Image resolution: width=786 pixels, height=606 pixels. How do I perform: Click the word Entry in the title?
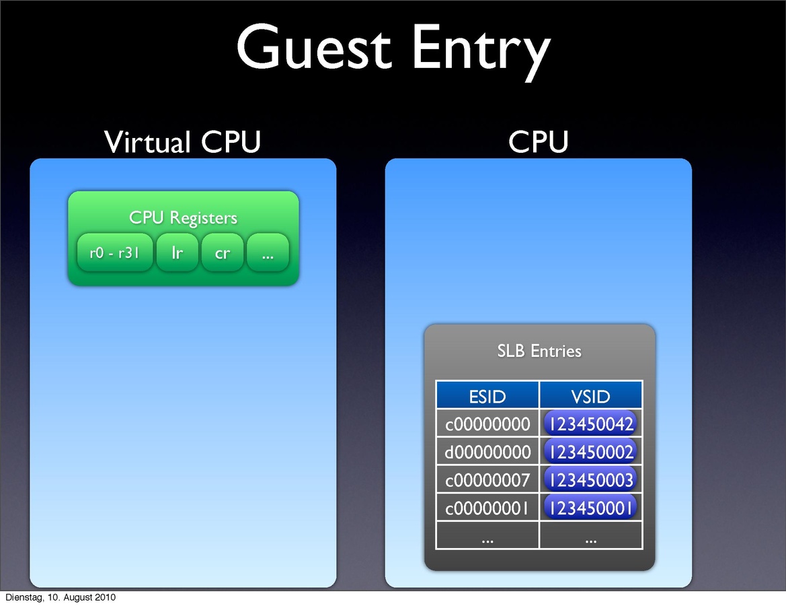pos(480,48)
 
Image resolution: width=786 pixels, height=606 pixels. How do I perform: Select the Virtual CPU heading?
pos(182,142)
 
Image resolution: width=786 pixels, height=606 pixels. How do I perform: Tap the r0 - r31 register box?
pos(115,253)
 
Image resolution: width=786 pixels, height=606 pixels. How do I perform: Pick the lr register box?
pos(178,253)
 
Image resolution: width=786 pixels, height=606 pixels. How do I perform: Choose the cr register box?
pos(223,253)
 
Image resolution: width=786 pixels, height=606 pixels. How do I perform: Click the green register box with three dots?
pos(268,253)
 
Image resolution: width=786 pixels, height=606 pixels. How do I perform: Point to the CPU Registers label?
pos(183,218)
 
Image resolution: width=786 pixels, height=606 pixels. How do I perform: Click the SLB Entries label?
pos(539,351)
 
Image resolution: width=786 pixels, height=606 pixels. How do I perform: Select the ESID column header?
pos(487,396)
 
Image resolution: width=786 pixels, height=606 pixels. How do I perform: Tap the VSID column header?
pos(591,396)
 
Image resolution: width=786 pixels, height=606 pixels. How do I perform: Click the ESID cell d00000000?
pos(487,452)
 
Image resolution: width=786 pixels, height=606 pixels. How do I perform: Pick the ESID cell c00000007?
pos(487,480)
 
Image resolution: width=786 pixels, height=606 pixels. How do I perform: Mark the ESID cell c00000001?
pos(487,508)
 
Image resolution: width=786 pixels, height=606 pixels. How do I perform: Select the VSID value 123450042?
pos(591,424)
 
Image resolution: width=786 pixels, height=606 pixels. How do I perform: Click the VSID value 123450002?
pos(591,452)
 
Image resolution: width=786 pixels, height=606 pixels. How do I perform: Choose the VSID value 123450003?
pos(591,480)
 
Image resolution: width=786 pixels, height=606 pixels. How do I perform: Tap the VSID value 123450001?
pos(591,508)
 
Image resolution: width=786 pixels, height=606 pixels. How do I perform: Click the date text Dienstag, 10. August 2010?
pos(61,597)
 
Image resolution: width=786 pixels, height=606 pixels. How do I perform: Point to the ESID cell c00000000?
pos(487,424)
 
